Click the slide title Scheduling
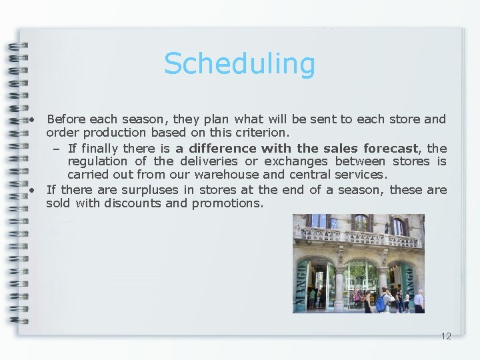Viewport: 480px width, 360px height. tap(239, 64)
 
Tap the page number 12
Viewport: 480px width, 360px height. tap(446, 336)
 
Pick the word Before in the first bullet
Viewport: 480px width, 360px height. tap(66, 119)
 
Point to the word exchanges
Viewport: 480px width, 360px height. tap(296, 161)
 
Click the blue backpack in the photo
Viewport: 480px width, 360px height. tap(381, 303)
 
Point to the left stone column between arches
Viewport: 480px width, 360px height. tap(339, 287)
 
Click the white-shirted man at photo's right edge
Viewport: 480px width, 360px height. tap(418, 301)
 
